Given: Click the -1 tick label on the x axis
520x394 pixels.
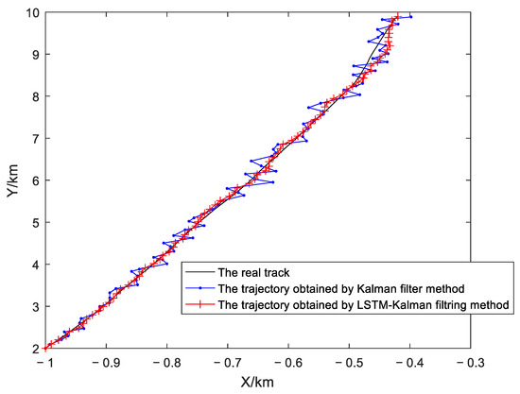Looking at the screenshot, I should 44,361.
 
